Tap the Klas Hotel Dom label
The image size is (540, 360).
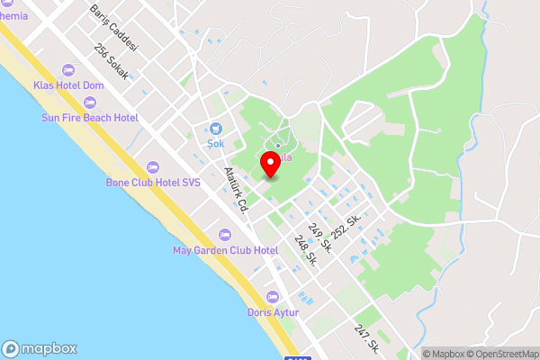point(69,85)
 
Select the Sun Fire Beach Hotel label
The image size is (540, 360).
point(89,118)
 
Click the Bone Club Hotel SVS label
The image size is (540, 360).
point(153,182)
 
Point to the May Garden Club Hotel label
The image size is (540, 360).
point(225,249)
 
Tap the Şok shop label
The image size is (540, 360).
point(216,143)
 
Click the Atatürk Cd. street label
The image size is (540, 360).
point(236,190)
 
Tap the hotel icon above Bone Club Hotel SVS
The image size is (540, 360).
point(153,166)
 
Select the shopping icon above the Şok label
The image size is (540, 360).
point(216,128)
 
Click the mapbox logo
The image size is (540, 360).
point(40,349)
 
